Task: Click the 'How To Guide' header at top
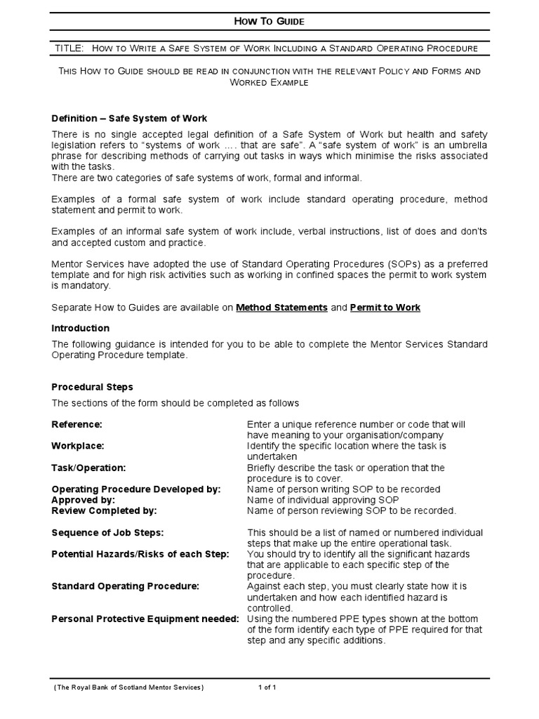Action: click(x=269, y=22)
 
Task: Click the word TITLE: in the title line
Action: click(x=69, y=48)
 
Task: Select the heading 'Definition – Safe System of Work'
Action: click(x=130, y=118)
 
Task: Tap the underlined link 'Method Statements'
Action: click(x=281, y=308)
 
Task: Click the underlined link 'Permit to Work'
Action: click(x=385, y=308)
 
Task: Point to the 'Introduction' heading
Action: click(x=81, y=328)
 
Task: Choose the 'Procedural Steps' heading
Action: click(x=93, y=387)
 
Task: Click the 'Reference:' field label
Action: click(x=77, y=424)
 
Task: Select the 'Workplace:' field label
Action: click(x=78, y=446)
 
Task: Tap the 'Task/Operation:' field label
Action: click(x=89, y=468)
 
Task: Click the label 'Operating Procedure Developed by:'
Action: click(x=136, y=489)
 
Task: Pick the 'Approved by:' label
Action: click(x=84, y=500)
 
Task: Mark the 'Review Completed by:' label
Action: click(x=105, y=510)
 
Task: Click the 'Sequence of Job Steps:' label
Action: click(x=108, y=532)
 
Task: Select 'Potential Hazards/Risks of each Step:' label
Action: click(x=140, y=554)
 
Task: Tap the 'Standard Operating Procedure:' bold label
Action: click(x=126, y=586)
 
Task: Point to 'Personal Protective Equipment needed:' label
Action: click(x=145, y=619)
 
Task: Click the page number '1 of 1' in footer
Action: click(x=267, y=688)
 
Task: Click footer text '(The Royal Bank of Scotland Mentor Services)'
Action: click(x=129, y=688)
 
